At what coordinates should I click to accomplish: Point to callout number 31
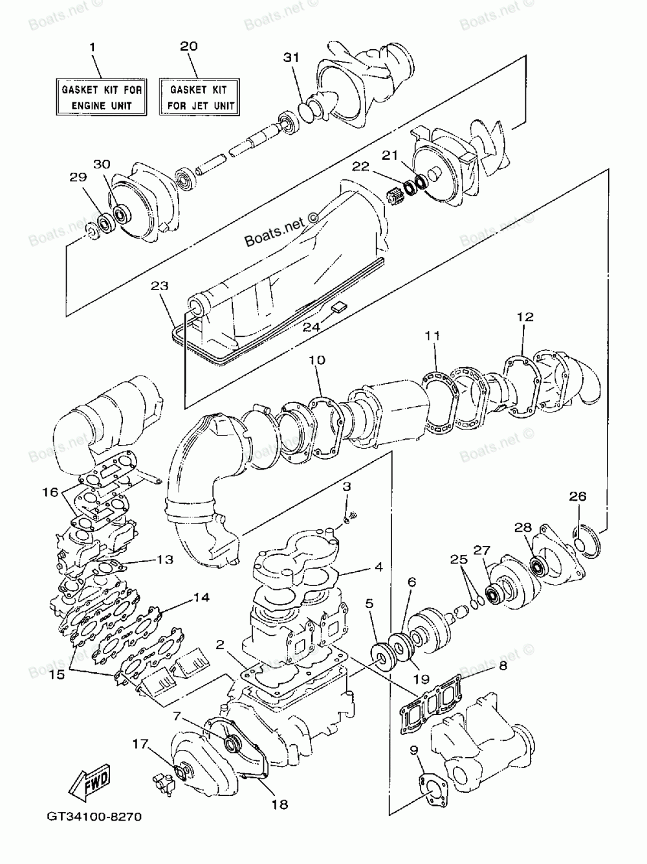[x=292, y=58]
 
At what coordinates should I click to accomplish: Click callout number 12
[x=525, y=317]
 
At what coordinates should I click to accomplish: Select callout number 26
[x=578, y=497]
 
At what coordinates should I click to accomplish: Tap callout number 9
[x=413, y=751]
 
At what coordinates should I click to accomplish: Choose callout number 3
[x=347, y=486]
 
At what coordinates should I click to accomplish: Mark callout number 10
[x=316, y=360]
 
